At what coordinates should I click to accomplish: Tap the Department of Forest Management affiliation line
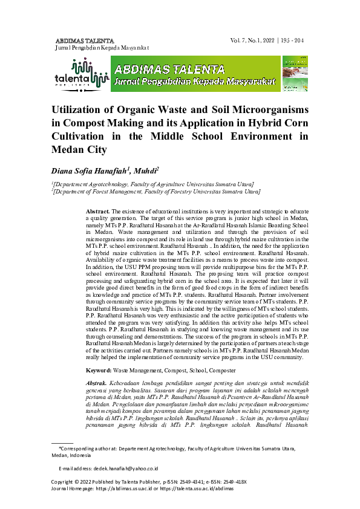click(155, 192)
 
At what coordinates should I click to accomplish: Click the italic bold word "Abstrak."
click(97, 383)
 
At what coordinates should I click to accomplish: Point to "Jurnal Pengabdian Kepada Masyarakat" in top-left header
click(102, 47)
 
